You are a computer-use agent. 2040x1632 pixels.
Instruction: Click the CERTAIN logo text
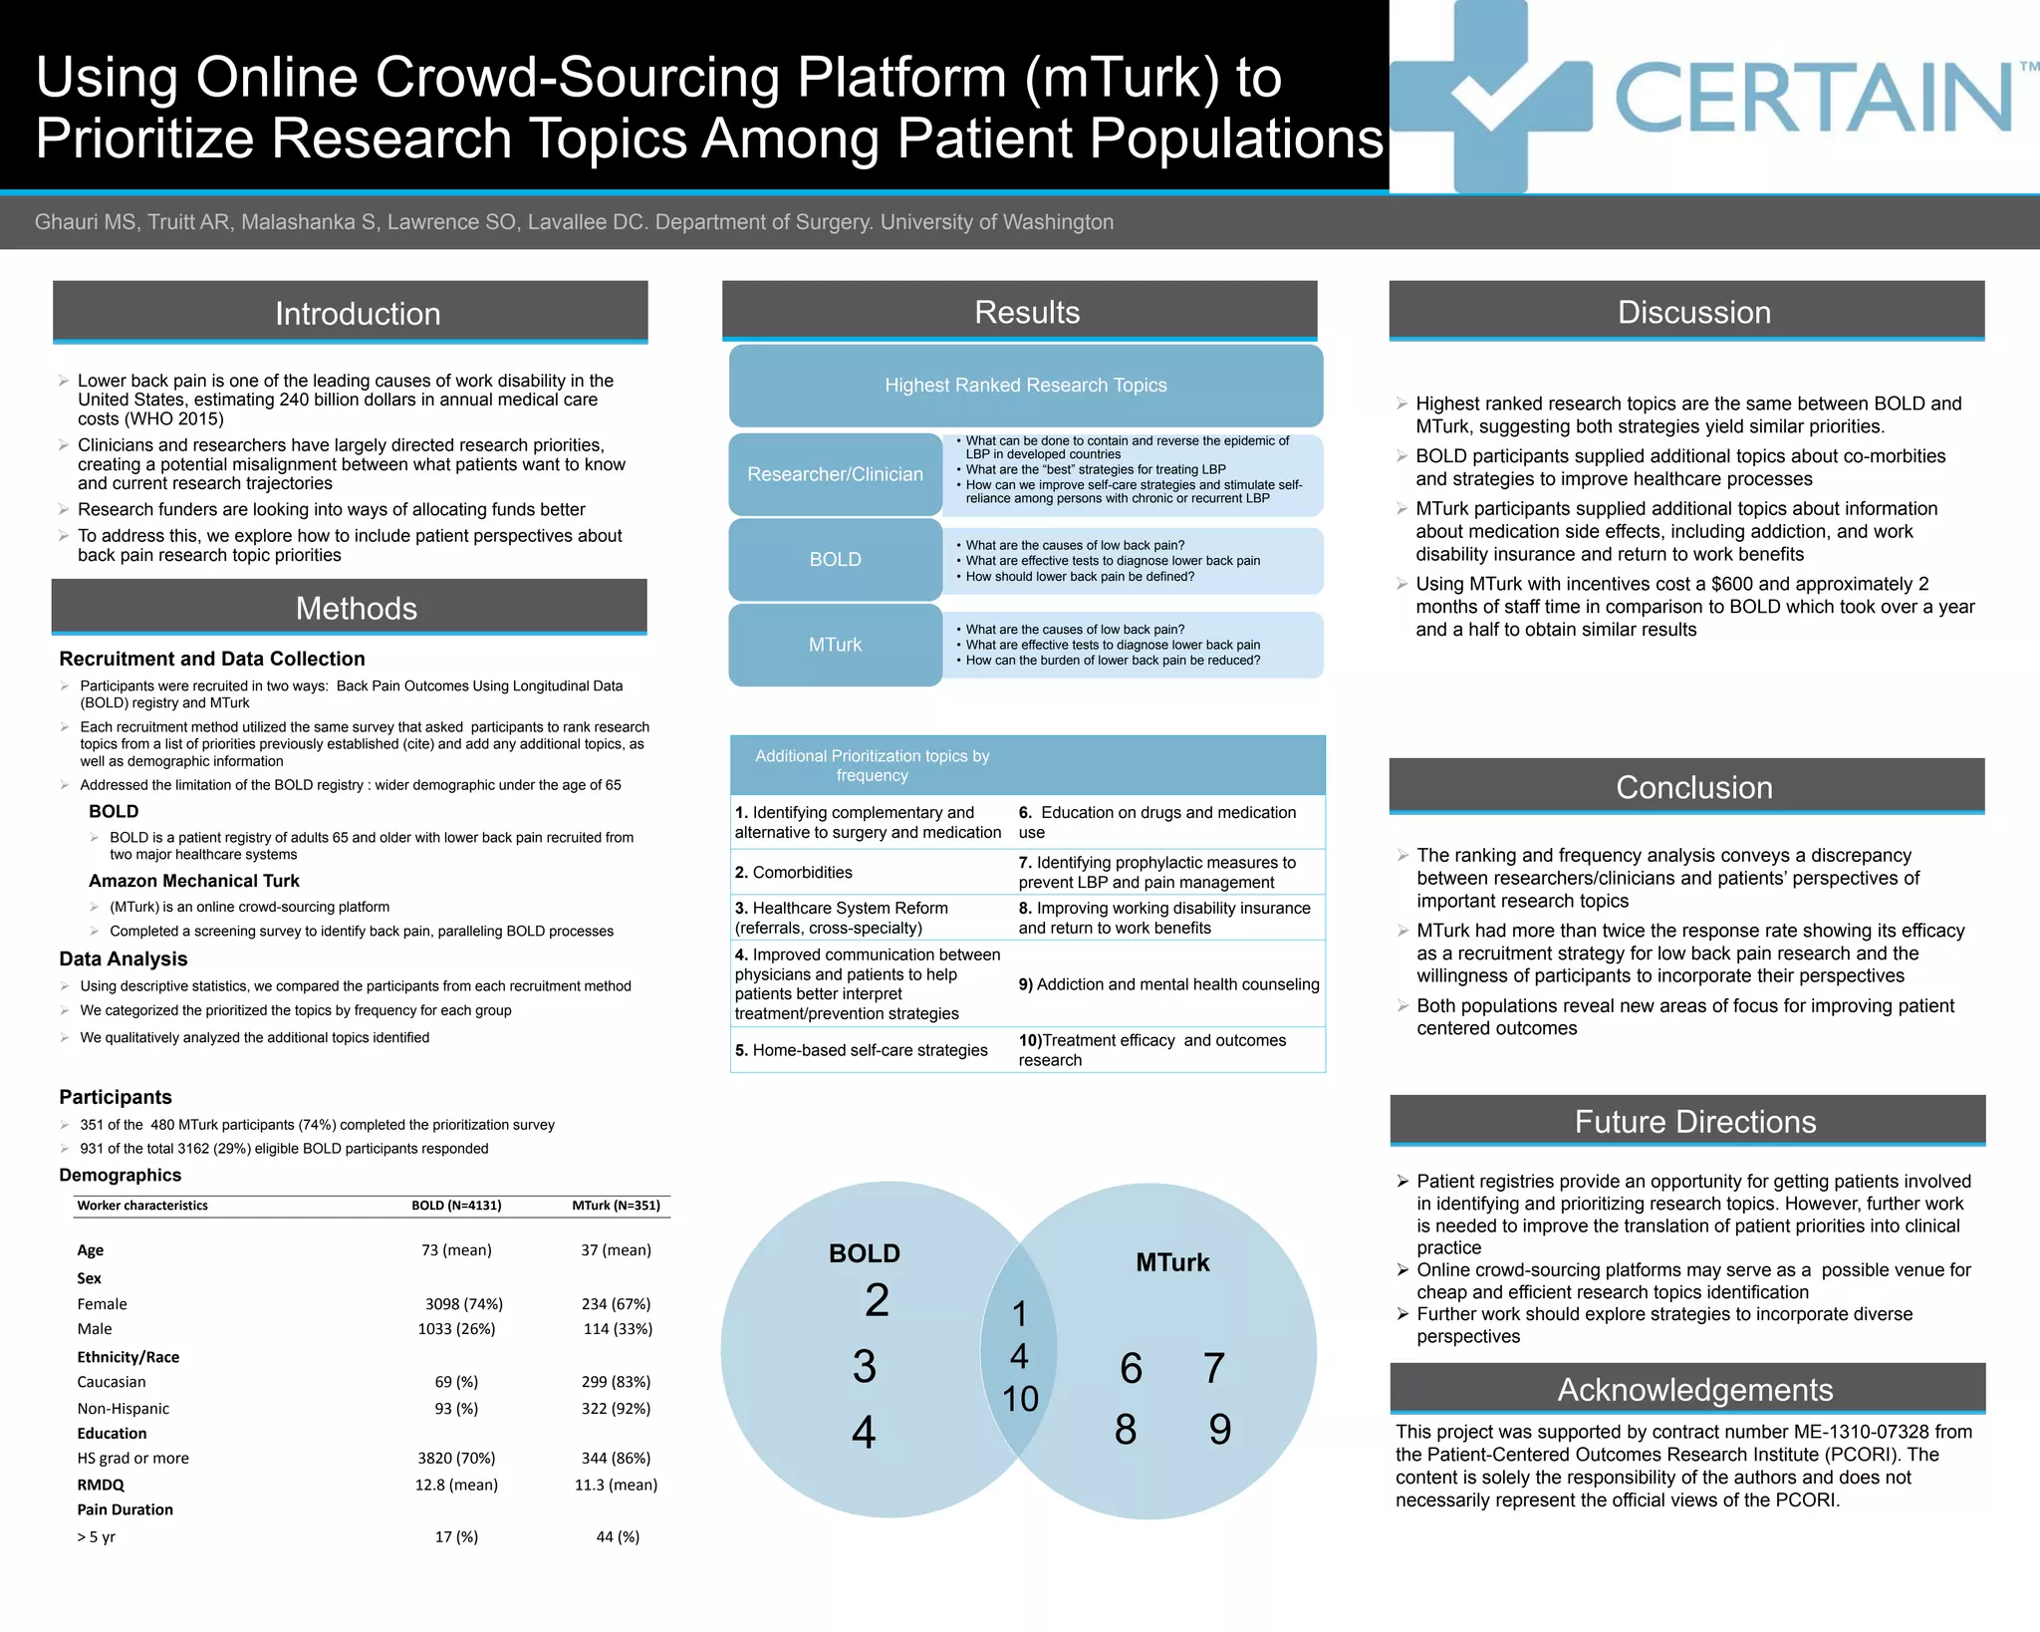(x=1813, y=98)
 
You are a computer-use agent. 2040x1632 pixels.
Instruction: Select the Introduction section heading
(x=358, y=313)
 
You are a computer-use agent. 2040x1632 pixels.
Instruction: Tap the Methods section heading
(x=356, y=608)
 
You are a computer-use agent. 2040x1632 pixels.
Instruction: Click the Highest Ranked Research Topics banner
(x=1025, y=385)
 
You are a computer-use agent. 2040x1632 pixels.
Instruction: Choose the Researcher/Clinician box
(x=835, y=474)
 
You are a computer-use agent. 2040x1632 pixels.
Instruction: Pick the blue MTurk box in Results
(x=835, y=645)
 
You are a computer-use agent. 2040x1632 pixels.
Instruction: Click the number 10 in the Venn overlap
(x=1020, y=1399)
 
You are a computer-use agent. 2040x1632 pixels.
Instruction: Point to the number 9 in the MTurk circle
(x=1219, y=1429)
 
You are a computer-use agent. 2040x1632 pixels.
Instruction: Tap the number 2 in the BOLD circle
(x=877, y=1299)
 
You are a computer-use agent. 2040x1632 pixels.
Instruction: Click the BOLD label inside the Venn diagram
(x=864, y=1253)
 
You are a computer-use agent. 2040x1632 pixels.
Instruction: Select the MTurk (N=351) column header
(x=616, y=1206)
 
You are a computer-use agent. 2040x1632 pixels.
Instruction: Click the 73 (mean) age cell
(x=456, y=1249)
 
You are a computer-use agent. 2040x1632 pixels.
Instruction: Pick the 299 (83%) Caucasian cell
(x=616, y=1382)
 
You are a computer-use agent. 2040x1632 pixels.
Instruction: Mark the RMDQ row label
(x=101, y=1485)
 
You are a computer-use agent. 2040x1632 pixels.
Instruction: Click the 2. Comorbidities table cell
(x=794, y=872)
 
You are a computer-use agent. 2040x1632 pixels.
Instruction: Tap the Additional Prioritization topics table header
(x=872, y=765)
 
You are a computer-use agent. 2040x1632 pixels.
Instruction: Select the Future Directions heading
(x=1694, y=1122)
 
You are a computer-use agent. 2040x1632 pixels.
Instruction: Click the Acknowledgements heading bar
(x=1694, y=1389)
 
